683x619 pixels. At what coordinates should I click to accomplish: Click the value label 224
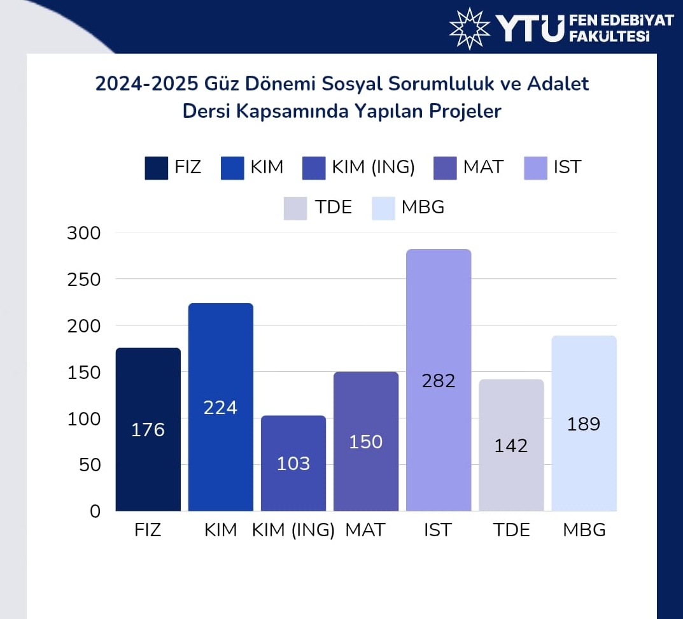pos(220,408)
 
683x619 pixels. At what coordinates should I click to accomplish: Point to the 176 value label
pos(148,430)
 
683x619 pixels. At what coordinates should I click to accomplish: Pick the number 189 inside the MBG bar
pos(584,424)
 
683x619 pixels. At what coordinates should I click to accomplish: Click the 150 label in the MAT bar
pos(366,442)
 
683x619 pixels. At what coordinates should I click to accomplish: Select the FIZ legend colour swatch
pos(157,168)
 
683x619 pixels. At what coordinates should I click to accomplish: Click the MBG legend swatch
pos(383,208)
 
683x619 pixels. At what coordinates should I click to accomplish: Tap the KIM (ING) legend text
pos(373,167)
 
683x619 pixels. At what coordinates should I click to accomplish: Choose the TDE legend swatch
pos(295,208)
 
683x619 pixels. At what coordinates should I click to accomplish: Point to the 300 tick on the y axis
pos(84,233)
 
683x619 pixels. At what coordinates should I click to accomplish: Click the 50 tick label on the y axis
pos(90,465)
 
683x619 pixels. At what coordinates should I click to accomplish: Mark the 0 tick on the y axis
pos(95,511)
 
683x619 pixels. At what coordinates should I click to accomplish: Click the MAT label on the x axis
pos(365,530)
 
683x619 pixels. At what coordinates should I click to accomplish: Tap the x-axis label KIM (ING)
pos(293,530)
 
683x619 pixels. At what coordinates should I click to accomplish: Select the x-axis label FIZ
pos(148,530)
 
